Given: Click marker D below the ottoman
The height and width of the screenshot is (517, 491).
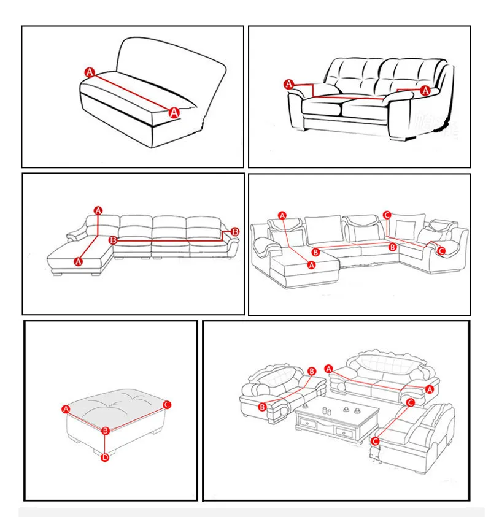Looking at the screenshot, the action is [105, 458].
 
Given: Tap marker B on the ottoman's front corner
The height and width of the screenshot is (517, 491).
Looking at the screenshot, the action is [106, 431].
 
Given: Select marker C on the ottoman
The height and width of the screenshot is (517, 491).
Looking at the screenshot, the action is [167, 405].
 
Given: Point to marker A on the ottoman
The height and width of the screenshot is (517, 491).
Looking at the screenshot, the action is [66, 409].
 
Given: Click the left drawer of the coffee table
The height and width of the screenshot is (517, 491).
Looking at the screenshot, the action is [306, 423].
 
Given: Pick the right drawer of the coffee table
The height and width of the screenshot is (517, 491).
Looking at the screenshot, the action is [343, 432].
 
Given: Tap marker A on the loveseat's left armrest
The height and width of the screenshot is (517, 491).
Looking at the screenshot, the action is [289, 84].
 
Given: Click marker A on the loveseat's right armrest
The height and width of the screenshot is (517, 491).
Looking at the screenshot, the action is [425, 90].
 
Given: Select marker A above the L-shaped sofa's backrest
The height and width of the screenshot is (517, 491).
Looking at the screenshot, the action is [98, 210].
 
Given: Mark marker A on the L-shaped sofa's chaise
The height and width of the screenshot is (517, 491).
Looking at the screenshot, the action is [78, 261].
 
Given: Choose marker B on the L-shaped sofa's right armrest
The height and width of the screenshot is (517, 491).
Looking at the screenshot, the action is [235, 232].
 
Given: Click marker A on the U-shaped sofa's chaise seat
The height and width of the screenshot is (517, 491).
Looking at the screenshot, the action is [312, 265].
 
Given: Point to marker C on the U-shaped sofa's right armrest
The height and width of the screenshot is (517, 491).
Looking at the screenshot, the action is [441, 251].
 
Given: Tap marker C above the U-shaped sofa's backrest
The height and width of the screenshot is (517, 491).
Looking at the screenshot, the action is [387, 215].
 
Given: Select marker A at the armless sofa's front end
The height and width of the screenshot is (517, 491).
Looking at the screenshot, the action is [174, 113].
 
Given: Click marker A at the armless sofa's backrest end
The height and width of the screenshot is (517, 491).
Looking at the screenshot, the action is [90, 72].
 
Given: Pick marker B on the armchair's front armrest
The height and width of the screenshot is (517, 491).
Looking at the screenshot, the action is [262, 407].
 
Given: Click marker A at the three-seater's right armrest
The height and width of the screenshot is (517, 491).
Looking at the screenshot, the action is [429, 389].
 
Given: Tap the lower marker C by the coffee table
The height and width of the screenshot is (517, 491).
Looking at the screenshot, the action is [375, 441].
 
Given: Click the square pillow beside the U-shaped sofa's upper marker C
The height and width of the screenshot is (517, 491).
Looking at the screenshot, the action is [405, 230].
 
